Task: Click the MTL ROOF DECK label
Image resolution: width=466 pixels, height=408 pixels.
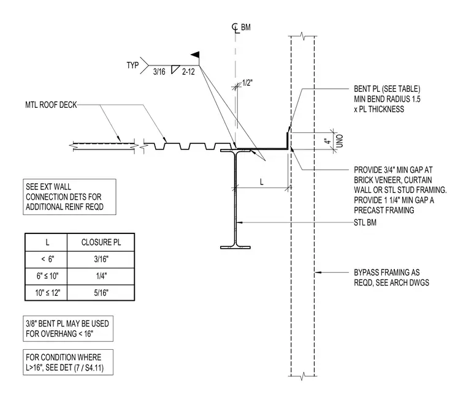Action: (x=51, y=105)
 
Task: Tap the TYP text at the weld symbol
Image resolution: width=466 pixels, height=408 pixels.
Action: (x=132, y=65)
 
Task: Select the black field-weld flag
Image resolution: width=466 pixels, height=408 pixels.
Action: (x=195, y=55)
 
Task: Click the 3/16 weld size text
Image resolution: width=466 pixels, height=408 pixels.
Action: (x=159, y=72)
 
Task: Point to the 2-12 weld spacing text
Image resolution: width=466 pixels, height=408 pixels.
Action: (x=188, y=72)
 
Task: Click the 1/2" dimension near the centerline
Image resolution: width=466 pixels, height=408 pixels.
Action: (x=247, y=83)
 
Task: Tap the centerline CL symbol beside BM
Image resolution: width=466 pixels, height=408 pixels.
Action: (x=235, y=28)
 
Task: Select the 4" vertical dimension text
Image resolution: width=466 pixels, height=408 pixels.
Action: (x=327, y=142)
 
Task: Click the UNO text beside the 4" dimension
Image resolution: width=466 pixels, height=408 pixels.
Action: (x=340, y=141)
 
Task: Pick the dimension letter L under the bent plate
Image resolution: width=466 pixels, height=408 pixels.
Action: (x=262, y=182)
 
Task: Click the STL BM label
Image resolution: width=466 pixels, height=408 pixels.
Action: (x=365, y=222)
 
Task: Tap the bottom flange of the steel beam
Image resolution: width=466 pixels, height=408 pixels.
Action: (x=235, y=247)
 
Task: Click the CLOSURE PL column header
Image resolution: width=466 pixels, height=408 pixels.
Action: (x=101, y=243)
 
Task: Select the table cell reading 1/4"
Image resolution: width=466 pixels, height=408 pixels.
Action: (x=101, y=276)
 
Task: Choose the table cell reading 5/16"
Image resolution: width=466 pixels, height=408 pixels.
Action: (x=101, y=293)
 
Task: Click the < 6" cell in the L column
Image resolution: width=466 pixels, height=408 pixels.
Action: (x=48, y=259)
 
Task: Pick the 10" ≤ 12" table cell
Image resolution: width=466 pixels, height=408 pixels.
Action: (x=48, y=293)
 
